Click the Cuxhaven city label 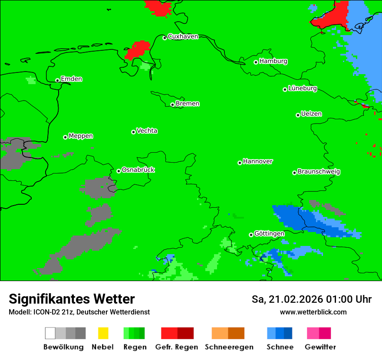tap(183, 36)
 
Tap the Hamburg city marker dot tap(256, 62)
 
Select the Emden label tap(71, 79)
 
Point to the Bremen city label tap(188, 104)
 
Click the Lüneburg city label tap(302, 88)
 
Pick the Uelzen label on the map tap(311, 114)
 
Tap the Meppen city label tap(81, 136)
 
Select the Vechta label tap(147, 131)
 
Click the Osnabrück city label tap(138, 170)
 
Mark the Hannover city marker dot tap(240, 163)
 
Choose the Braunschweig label tap(319, 172)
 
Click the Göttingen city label tap(269, 234)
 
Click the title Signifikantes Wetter tap(72, 299)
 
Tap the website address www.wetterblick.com tap(313, 312)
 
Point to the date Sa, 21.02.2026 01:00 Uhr tap(311, 299)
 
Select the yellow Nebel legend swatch tap(103, 333)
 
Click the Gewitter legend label tap(320, 347)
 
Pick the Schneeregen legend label tap(229, 347)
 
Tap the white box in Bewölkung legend tap(50, 333)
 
